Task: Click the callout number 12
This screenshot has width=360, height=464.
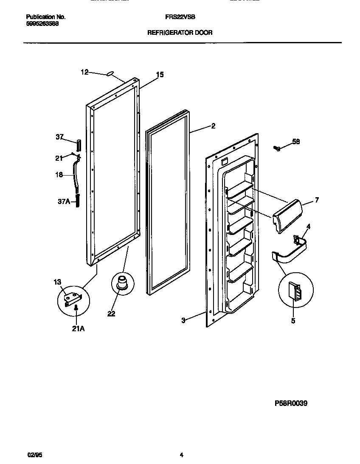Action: pos(84,72)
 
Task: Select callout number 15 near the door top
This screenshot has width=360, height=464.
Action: pos(159,75)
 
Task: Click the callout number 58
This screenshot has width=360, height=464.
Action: pos(296,142)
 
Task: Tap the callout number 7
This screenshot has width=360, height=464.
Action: pos(317,199)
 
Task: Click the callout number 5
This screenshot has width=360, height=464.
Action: pos(293,321)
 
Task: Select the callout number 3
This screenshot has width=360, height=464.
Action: pos(183,321)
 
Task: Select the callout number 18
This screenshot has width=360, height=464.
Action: pos(59,175)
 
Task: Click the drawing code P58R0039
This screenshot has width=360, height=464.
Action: pos(291,403)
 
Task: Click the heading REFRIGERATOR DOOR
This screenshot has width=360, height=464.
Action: pos(180,32)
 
